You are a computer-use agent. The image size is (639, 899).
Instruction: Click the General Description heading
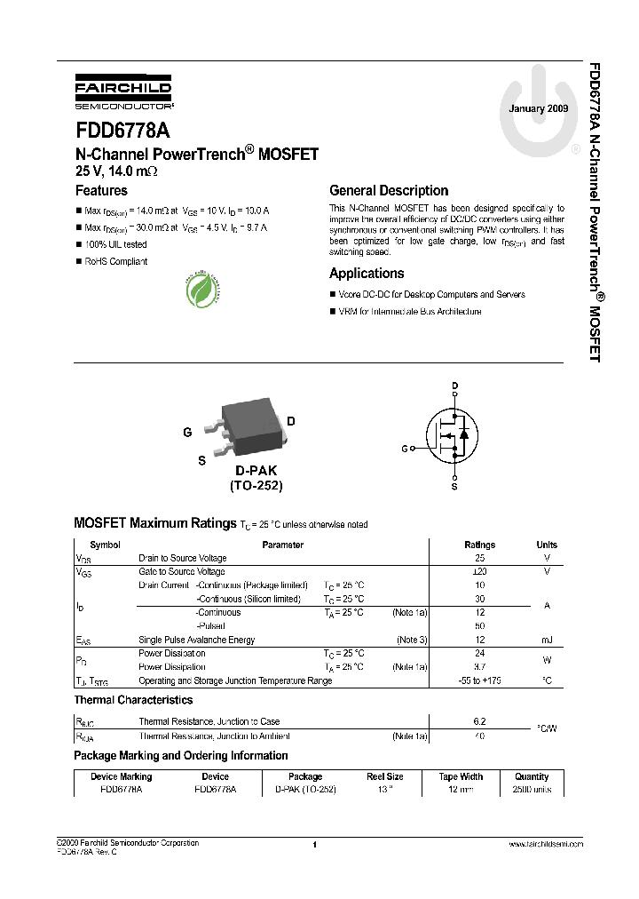click(389, 190)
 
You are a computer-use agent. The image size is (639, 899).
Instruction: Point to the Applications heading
click(367, 274)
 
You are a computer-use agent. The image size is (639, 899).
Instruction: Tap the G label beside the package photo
click(187, 433)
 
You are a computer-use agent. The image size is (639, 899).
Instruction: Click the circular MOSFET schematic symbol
click(454, 435)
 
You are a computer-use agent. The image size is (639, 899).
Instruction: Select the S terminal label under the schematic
click(454, 487)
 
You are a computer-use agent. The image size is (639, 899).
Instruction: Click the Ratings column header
click(480, 545)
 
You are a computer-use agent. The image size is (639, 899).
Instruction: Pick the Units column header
click(547, 545)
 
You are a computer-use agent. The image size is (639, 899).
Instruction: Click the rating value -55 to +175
click(480, 680)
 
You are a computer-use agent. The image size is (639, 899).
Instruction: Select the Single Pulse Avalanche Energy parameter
click(196, 640)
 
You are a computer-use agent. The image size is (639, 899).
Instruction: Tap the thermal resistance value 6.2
click(480, 721)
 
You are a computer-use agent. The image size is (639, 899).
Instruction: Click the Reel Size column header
click(385, 776)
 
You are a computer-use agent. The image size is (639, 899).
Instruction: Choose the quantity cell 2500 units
click(532, 789)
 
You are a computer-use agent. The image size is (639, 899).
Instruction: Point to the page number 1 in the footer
click(315, 845)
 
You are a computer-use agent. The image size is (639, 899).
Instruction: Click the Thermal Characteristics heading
click(133, 700)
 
